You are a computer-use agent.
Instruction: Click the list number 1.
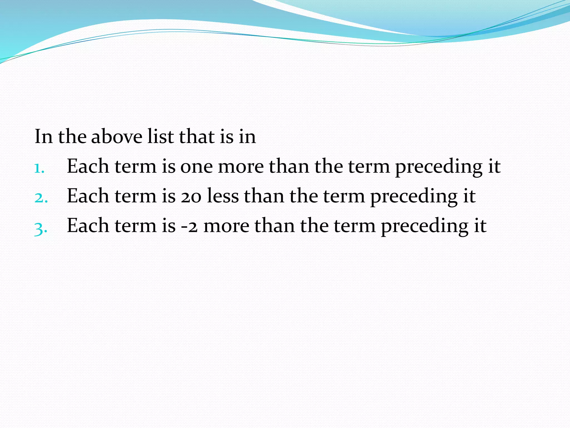coord(39,168)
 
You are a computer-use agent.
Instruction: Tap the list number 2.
coord(41,198)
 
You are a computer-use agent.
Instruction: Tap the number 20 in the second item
coord(191,196)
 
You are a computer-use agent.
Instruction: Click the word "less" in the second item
coord(223,196)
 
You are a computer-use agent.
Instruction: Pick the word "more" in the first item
coord(241,167)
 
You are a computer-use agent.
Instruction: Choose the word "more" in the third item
coord(226,226)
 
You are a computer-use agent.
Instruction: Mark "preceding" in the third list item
coord(425,227)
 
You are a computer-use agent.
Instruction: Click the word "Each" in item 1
coord(88,166)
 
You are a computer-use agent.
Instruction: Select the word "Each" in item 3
coord(88,226)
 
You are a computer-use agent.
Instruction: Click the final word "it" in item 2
coord(470,196)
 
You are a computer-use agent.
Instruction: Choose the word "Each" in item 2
coord(88,196)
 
